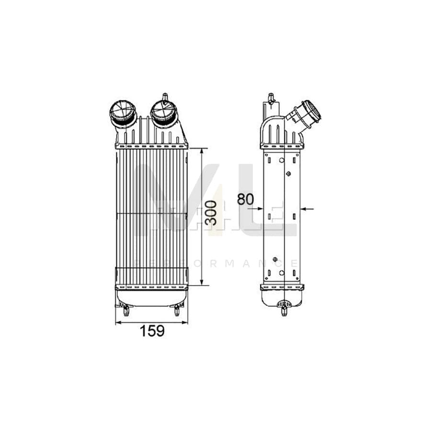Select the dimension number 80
click(245, 199)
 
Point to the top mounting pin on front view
click(165, 97)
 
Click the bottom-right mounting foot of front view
click(177, 311)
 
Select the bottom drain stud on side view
click(284, 310)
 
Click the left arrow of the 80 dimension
click(260, 208)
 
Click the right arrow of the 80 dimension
click(305, 208)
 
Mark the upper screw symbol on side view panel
click(288, 173)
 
